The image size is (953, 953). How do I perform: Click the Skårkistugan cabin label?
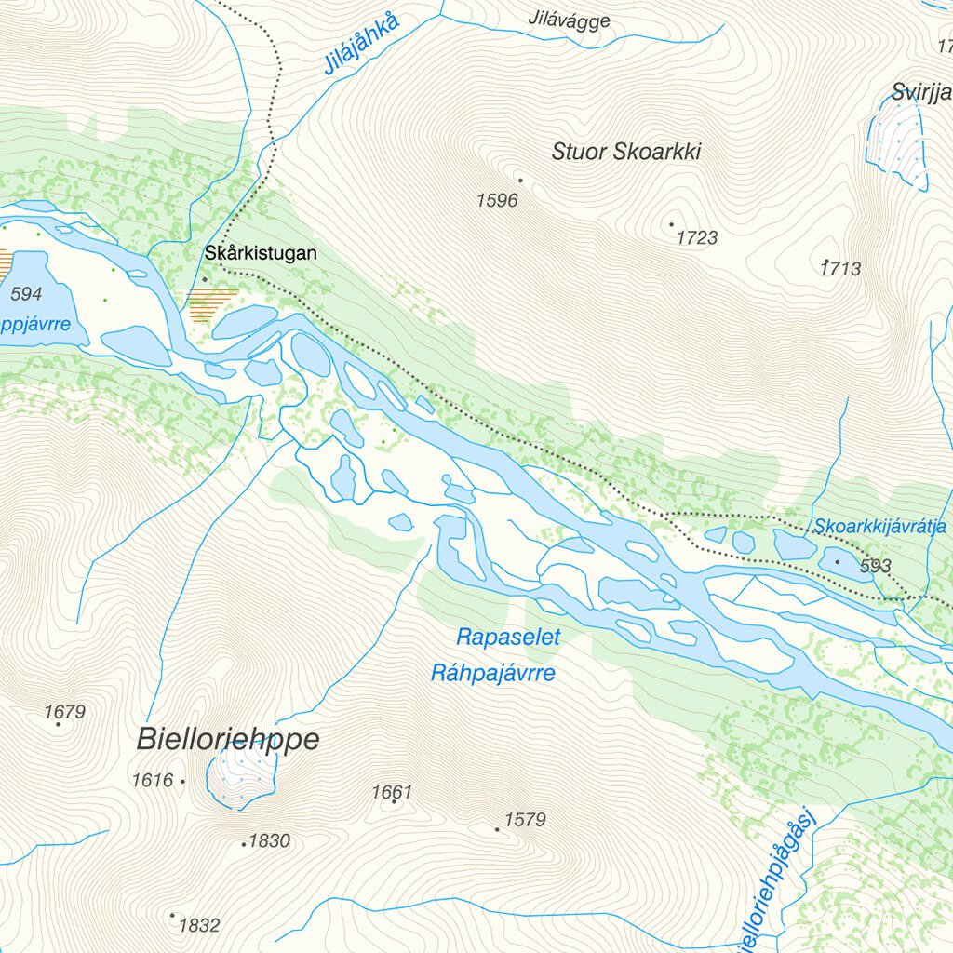262,253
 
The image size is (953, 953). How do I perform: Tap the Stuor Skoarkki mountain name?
625,152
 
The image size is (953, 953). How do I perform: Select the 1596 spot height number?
496,200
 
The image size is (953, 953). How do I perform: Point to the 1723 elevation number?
696,238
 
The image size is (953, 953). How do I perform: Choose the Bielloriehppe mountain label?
228,740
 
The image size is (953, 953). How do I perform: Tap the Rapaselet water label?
508,638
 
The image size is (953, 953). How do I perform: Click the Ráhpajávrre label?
492,673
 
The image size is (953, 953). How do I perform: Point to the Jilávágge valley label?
569,20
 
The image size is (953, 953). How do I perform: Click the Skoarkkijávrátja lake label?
879,526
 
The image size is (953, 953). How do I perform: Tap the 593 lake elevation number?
876,566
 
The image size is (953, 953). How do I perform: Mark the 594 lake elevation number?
26,294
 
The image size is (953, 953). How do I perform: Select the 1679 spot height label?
64,712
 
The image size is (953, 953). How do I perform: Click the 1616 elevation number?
153,780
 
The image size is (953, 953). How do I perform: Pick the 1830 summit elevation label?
270,841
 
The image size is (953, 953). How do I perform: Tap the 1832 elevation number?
198,925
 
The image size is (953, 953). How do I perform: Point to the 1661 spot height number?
391,792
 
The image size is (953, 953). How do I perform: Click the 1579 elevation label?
525,820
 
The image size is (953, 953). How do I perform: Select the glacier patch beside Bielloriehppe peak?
242,777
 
